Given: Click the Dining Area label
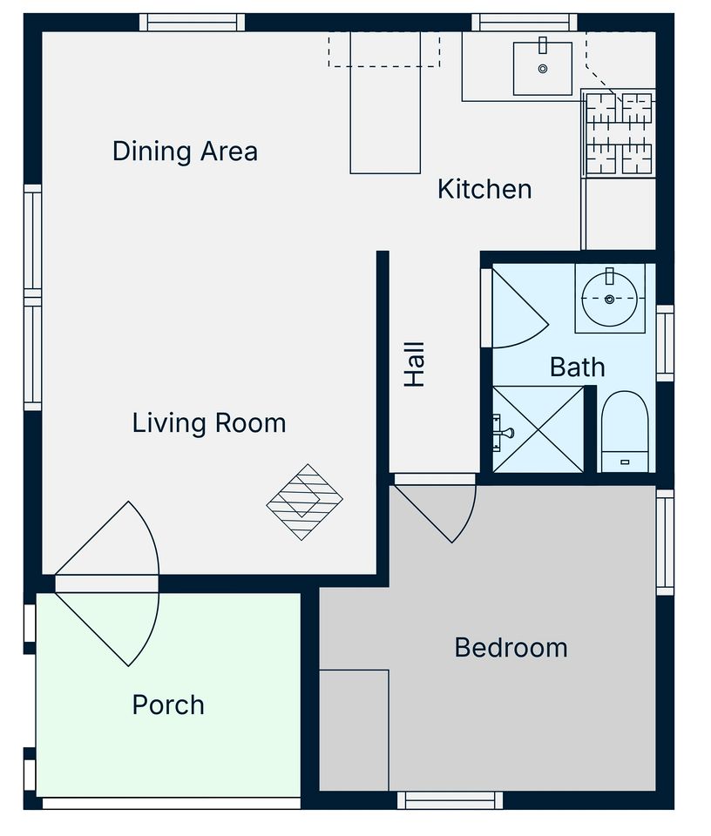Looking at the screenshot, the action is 185,152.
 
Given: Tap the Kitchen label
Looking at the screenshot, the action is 484,189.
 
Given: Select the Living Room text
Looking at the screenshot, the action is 209,423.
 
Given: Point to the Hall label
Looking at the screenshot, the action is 415,365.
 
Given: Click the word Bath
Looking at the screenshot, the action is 578,367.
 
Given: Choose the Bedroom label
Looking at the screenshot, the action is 511,648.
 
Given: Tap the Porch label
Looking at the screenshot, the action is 168,705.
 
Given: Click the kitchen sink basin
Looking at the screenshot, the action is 543,69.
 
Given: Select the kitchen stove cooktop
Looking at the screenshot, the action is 620,133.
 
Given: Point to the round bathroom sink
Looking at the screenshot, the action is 610,299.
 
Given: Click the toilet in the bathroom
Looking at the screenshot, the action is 625,431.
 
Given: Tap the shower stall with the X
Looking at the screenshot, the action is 538,429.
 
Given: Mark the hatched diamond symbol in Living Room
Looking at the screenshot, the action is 305,502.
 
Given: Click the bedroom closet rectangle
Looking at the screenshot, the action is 354,730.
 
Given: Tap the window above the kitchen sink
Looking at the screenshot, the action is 525,23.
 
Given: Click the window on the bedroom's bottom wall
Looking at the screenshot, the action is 450,800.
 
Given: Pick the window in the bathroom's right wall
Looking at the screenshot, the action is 665,343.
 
